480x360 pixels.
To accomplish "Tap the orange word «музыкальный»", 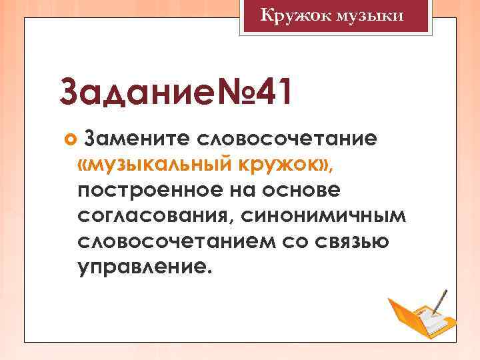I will (157, 164).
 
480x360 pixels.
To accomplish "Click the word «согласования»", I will (154, 216).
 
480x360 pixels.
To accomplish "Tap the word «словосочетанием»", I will (176, 242).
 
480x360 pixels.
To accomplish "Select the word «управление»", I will (143, 268).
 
